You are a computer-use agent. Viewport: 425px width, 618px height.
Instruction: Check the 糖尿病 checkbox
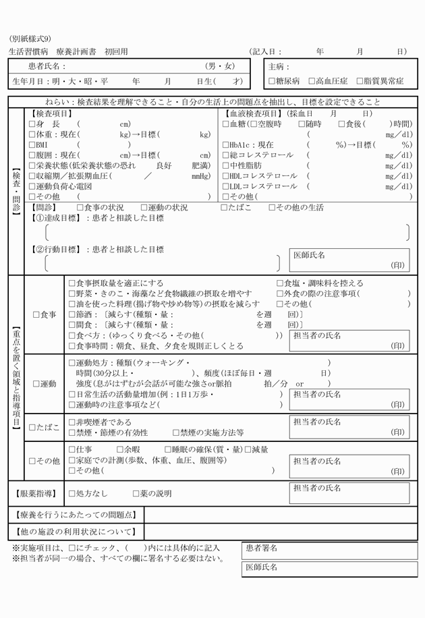271,81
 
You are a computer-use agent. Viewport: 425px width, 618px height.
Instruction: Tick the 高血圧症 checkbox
312,81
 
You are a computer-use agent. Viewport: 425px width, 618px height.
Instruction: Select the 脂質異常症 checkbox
360,81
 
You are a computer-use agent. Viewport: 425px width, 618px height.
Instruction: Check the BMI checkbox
32,145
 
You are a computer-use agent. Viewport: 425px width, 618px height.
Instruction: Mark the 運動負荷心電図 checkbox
32,186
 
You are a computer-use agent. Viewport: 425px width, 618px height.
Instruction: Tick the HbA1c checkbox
226,145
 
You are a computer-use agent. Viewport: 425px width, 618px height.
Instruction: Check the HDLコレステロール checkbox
226,176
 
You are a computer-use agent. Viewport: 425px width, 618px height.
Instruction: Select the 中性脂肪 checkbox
226,165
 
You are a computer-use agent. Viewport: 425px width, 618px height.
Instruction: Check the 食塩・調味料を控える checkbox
280,283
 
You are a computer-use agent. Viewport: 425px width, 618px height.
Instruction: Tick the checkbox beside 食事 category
36,314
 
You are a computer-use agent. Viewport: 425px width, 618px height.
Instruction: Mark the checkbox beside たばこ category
32,427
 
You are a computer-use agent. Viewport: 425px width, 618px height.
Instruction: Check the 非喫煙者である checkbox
72,422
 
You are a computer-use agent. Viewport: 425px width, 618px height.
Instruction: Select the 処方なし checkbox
72,494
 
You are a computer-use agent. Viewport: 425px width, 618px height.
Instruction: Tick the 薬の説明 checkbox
136,494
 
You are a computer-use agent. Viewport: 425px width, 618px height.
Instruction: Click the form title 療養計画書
76,51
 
